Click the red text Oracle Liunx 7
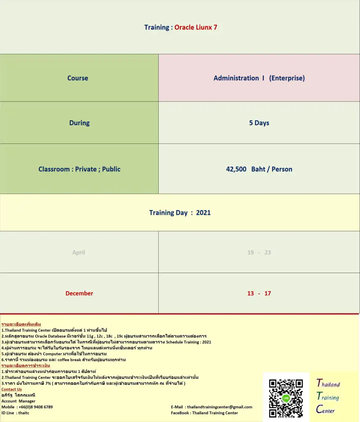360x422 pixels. [196, 27]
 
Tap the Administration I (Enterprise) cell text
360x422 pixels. [259, 78]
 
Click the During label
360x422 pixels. [79, 123]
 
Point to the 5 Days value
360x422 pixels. [259, 123]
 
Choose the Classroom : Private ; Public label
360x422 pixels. [79, 169]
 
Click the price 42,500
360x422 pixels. [236, 169]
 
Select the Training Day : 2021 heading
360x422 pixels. [180, 213]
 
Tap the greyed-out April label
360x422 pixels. [78, 252]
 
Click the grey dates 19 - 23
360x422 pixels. [259, 252]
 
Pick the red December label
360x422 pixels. [79, 293]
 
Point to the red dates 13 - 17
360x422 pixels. [259, 293]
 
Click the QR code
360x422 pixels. [286, 398]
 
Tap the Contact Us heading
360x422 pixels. [11, 389]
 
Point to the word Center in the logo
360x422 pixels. [325, 410]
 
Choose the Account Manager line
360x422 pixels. [19, 401]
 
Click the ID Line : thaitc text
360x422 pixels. [15, 413]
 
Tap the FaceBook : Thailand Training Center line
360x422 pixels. [204, 413]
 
